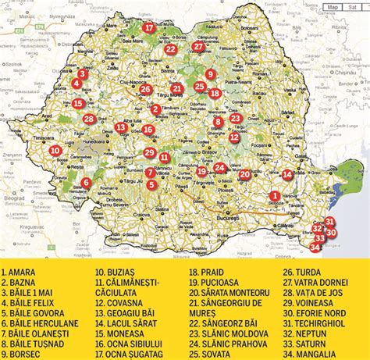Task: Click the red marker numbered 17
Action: click(149, 28)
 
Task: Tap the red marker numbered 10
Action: click(55, 151)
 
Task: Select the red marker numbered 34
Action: click(315, 248)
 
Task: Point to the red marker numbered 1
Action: click(274, 197)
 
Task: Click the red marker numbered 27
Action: click(198, 47)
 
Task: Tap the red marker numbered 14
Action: click(287, 175)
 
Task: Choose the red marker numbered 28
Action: click(90, 119)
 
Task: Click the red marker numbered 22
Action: click(170, 48)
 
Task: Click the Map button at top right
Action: click(333, 6)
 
